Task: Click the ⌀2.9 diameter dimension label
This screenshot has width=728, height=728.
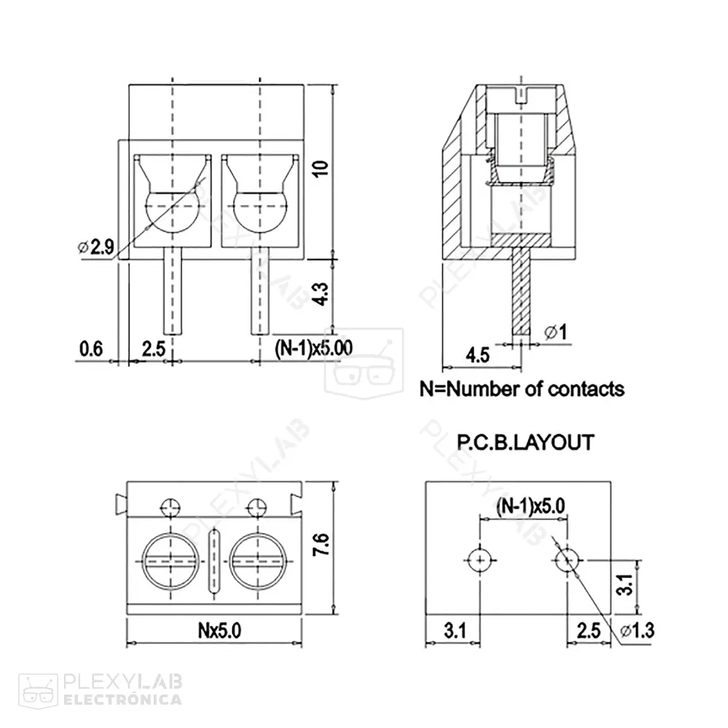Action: pos(95,248)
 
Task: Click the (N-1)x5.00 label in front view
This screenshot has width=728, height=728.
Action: pos(314,348)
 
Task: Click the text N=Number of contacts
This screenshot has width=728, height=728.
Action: pos(522,389)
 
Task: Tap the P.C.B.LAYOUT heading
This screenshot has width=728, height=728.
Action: pos(524,442)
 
